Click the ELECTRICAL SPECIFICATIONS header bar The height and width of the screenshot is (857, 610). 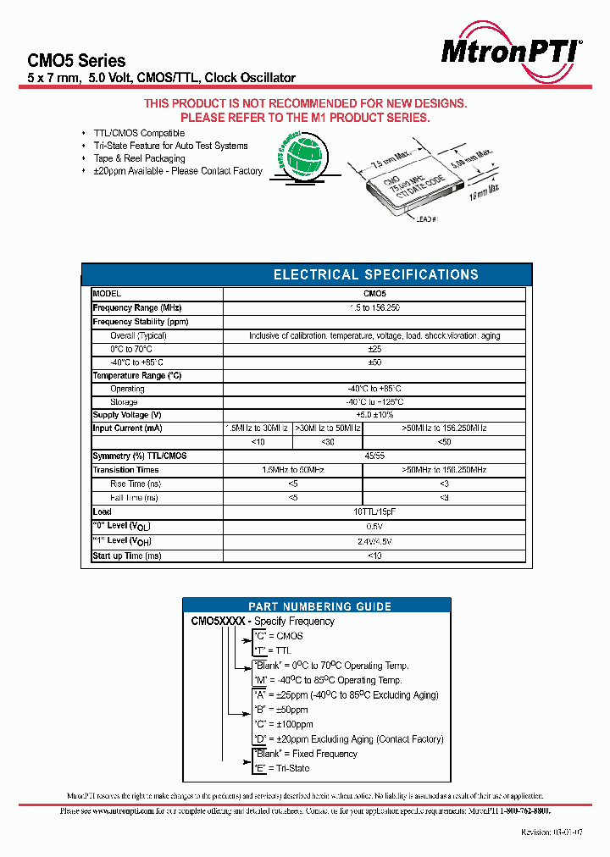375,274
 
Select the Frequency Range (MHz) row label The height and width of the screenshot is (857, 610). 137,308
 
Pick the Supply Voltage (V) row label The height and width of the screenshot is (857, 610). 127,415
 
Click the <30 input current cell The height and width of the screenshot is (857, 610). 327,442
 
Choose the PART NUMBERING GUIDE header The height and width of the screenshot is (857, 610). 319,606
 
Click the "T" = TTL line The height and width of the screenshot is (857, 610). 272,650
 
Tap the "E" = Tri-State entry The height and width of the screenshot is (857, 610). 281,768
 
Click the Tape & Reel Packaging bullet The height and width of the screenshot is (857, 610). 139,158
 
